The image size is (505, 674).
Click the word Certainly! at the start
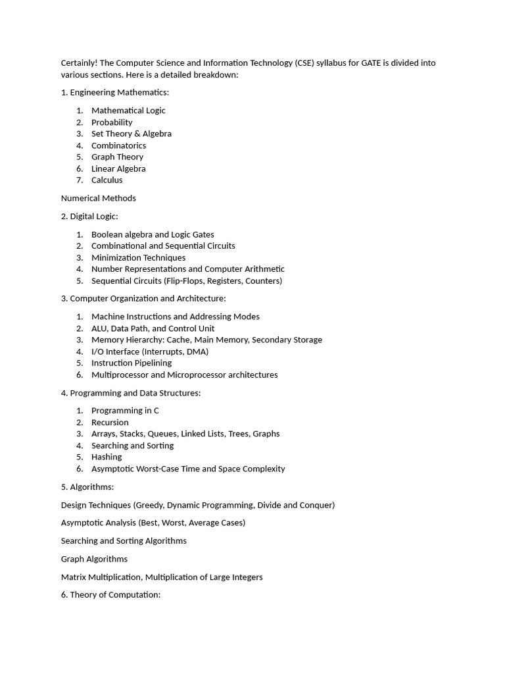(x=80, y=63)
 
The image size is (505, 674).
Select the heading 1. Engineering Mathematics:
(x=115, y=93)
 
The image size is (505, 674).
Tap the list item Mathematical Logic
(x=128, y=111)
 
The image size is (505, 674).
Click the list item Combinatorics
(x=118, y=145)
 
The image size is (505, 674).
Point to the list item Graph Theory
(x=117, y=157)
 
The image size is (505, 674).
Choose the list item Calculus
(x=107, y=180)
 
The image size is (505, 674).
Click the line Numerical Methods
(x=99, y=198)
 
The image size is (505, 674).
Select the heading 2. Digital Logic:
(x=89, y=217)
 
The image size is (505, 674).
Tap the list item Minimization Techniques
(x=138, y=257)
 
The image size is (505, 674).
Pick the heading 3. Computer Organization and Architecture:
(x=143, y=299)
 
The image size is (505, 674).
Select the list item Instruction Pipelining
(x=132, y=363)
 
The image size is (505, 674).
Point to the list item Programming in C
(x=125, y=411)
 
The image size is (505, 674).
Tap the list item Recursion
(x=110, y=423)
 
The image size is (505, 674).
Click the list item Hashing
(x=107, y=457)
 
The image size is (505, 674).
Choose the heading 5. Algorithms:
(x=87, y=487)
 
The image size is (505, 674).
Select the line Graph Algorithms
(x=94, y=559)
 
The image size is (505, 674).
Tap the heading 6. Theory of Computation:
(x=110, y=595)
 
